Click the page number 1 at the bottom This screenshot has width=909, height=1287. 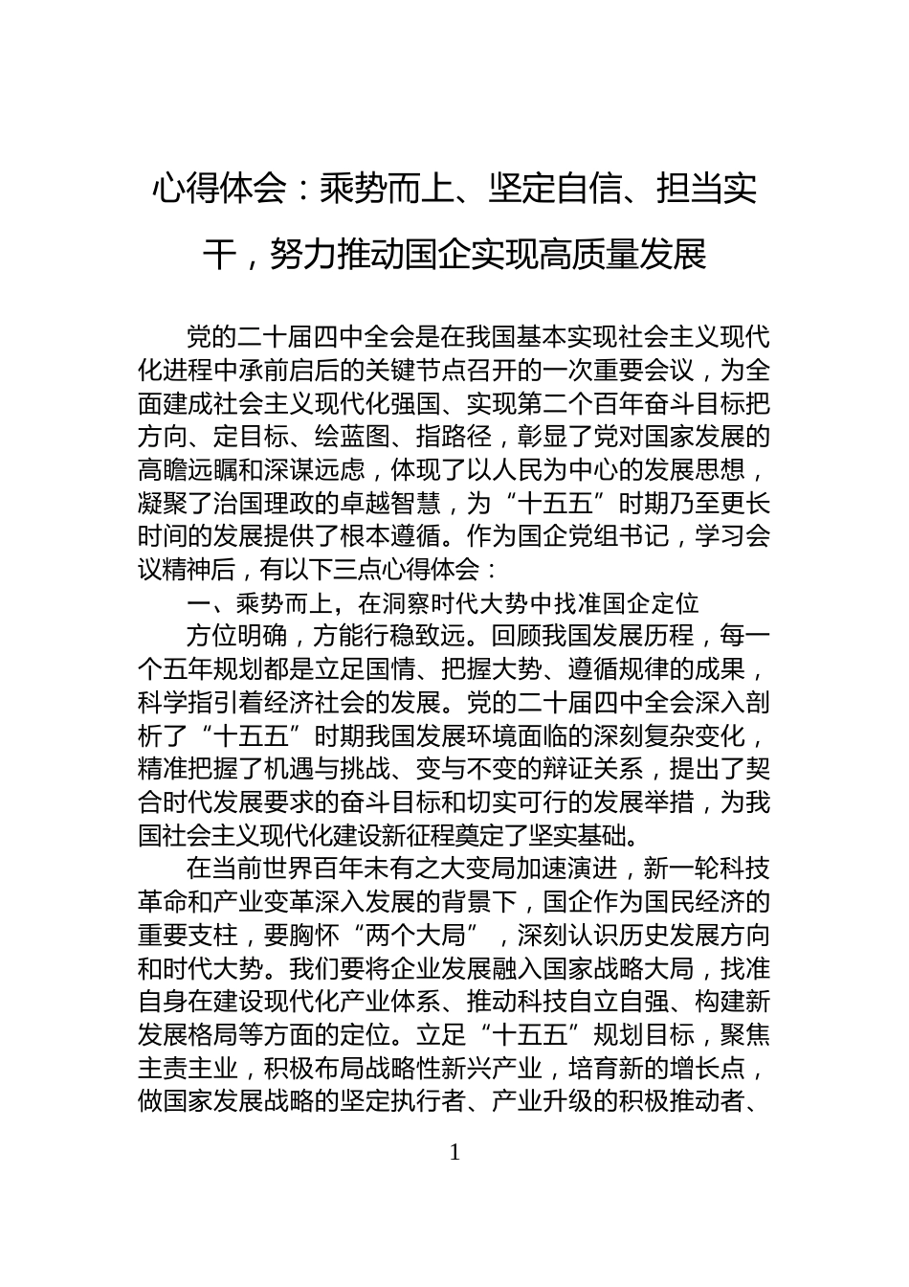tap(454, 1152)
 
